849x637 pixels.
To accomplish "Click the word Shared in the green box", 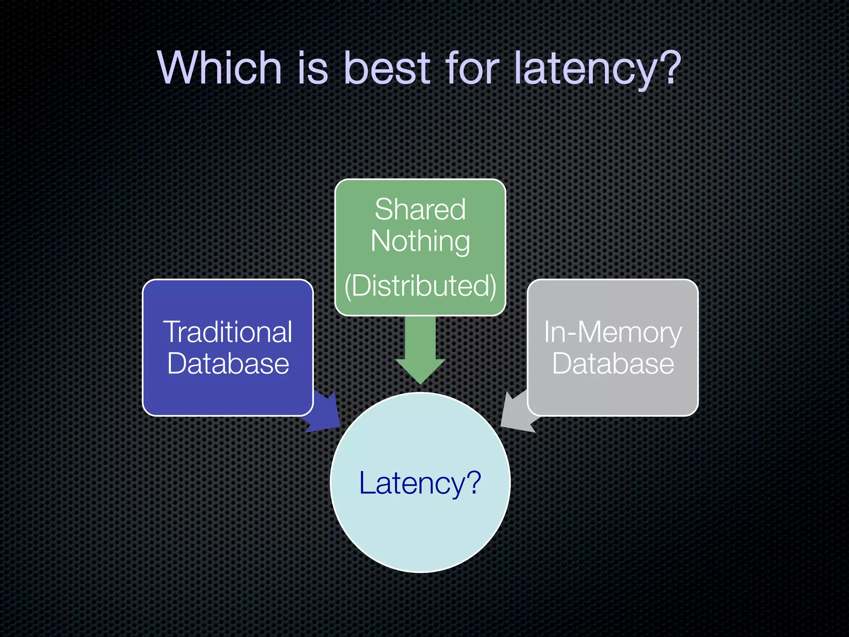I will pos(420,209).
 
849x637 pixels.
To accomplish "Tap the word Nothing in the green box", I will pos(420,242).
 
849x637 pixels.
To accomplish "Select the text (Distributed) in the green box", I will pos(420,286).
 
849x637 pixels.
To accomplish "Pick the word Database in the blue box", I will pos(228,364).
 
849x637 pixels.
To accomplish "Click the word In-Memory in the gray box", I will pos(612,333).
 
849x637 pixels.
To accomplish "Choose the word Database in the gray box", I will pos(612,364).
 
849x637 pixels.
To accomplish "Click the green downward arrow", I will pos(420,353).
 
